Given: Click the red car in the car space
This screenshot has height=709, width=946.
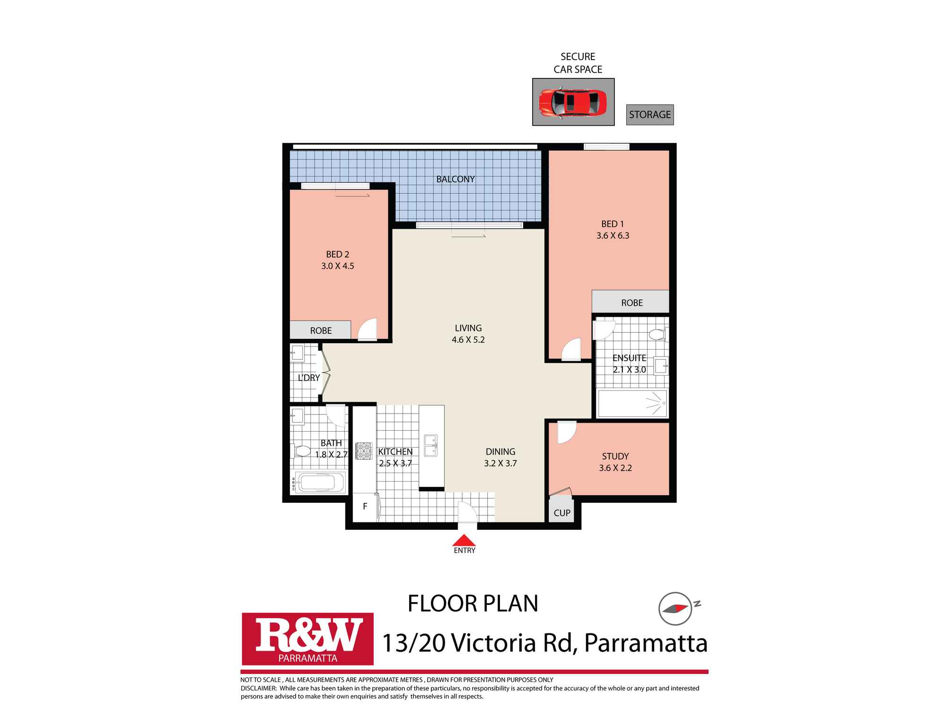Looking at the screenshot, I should click(x=573, y=102).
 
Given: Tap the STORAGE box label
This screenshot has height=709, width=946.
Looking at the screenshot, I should click(x=649, y=115).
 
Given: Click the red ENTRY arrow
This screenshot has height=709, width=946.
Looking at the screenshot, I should click(x=464, y=540).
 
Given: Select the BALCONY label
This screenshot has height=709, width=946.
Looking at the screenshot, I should click(x=455, y=179).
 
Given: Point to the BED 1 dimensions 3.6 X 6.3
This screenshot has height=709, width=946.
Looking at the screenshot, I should click(x=613, y=236).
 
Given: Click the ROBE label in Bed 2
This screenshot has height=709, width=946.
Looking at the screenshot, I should click(x=321, y=331).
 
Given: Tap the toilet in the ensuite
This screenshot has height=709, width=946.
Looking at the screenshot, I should click(x=657, y=335).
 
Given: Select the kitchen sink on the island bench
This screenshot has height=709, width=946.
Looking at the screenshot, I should click(x=430, y=445).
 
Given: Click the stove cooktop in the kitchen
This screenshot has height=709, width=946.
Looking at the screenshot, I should click(x=364, y=450).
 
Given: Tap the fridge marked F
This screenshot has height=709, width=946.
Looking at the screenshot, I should click(x=365, y=507).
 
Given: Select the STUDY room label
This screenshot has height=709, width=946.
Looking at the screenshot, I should click(x=615, y=457).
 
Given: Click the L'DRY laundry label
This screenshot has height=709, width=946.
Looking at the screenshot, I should click(x=308, y=378).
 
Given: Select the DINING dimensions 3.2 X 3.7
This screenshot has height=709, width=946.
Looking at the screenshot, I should click(x=500, y=464).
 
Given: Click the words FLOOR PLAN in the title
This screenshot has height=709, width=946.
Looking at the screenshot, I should click(x=473, y=604).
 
